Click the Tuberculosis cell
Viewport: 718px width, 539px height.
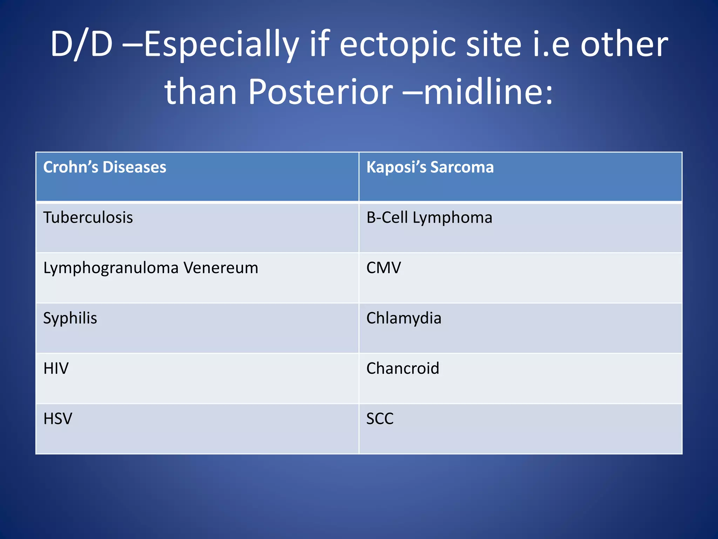click(x=88, y=218)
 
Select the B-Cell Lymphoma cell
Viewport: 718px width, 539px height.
click(x=429, y=218)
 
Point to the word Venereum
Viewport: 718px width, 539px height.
click(x=221, y=268)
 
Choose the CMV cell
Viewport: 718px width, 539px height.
click(x=384, y=268)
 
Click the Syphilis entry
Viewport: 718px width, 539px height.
click(x=70, y=318)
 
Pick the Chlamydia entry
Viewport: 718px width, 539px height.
click(x=404, y=318)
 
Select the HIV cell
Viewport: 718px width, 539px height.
click(x=56, y=368)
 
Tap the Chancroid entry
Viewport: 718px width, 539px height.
click(x=402, y=368)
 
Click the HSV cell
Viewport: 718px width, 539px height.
click(x=58, y=419)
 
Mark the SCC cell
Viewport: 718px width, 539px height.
click(x=380, y=419)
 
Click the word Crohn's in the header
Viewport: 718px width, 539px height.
click(x=70, y=167)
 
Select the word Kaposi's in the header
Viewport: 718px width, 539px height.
click(x=396, y=167)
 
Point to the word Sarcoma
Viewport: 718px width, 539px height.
click(x=462, y=167)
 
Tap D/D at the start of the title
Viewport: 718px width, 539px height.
click(x=81, y=45)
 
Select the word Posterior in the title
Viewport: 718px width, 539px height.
click(x=320, y=92)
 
